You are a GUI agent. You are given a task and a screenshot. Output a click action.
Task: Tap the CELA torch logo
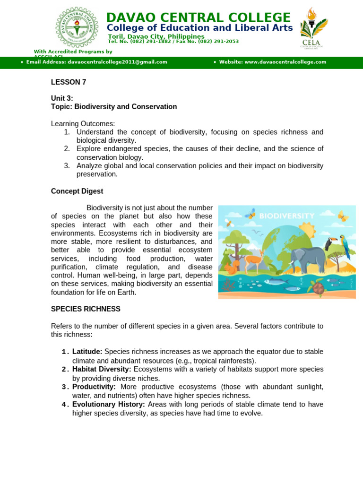point(314,27)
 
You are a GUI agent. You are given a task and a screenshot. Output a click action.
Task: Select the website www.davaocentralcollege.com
point(285,62)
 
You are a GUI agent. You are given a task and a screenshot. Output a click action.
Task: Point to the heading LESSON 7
point(69,82)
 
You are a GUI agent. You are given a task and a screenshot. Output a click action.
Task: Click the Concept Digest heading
point(77,191)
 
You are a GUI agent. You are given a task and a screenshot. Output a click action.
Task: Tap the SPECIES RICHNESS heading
point(86,309)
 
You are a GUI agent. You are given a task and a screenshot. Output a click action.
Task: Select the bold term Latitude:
point(87,352)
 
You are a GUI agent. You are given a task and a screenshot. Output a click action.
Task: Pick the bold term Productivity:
point(94,387)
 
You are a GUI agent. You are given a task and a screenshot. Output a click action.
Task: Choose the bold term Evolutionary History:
point(109,405)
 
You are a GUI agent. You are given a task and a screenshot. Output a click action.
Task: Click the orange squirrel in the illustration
point(232,267)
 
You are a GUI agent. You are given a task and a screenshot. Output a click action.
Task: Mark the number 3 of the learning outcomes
point(67,166)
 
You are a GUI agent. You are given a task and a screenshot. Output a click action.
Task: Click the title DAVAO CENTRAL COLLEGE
point(199,17)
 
